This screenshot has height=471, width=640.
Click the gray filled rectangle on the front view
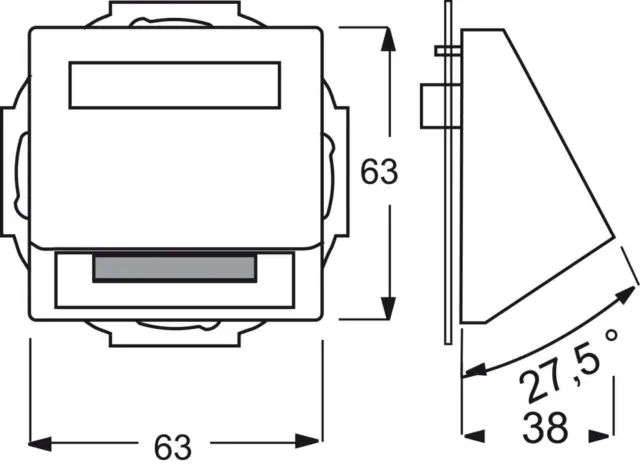(175, 268)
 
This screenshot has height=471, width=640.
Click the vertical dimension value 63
(379, 171)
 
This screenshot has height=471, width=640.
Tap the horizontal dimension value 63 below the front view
(173, 447)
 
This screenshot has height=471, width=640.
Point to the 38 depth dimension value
(545, 427)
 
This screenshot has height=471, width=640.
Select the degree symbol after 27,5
(611, 335)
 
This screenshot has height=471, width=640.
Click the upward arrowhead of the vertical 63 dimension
(388, 40)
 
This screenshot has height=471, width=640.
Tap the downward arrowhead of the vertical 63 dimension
(388, 308)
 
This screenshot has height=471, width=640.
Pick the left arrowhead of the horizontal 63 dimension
(40, 443)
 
